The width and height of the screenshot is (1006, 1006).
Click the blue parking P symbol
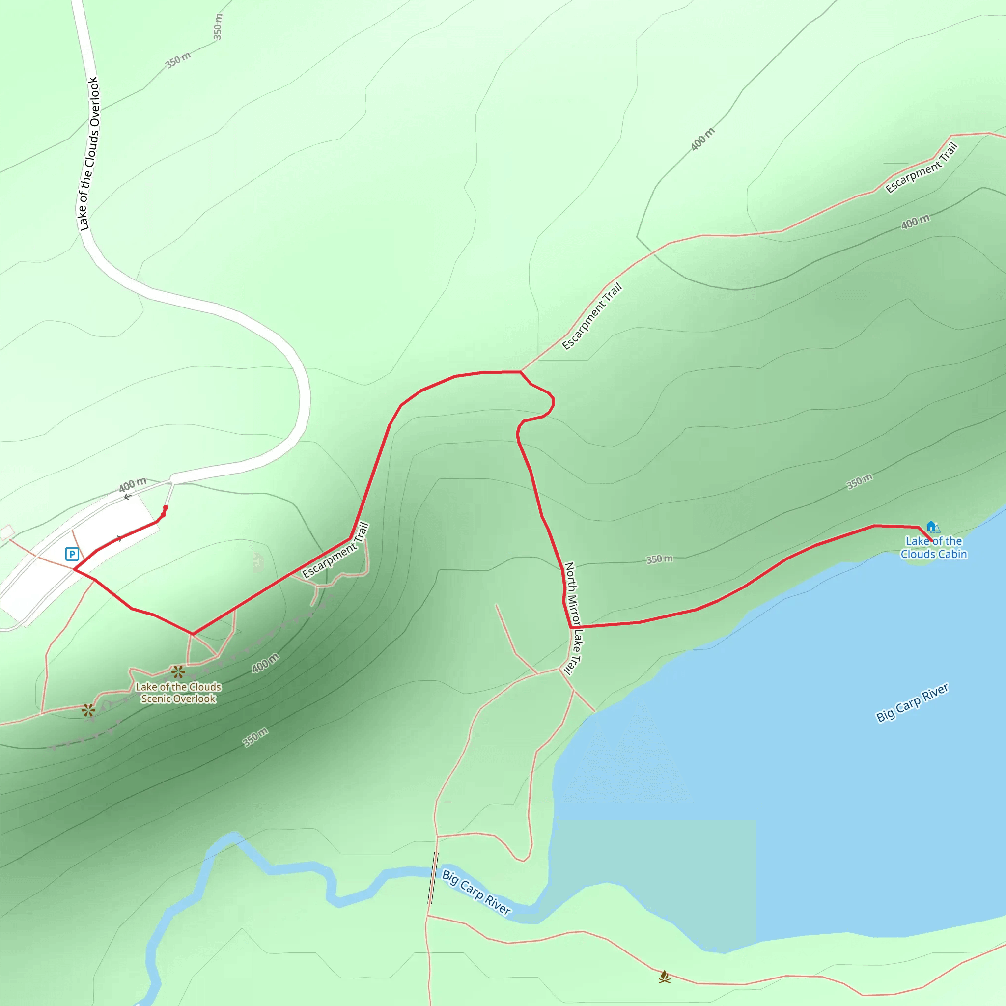pyautogui.click(x=72, y=554)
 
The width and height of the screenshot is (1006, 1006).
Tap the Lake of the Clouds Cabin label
pyautogui.click(x=934, y=548)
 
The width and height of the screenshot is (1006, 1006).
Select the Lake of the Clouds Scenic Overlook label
pyautogui.click(x=178, y=693)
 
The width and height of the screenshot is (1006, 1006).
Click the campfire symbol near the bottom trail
pyautogui.click(x=665, y=977)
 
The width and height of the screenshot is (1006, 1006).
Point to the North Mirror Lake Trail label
pyautogui.click(x=573, y=618)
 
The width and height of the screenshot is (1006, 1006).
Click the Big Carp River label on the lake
pyautogui.click(x=912, y=703)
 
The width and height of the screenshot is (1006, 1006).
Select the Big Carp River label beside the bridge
pyautogui.click(x=476, y=892)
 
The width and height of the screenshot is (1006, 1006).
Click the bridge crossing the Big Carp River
pyautogui.click(x=433, y=878)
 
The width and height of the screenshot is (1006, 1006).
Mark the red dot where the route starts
pyautogui.click(x=166, y=508)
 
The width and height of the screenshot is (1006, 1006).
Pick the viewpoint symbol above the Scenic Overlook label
pyautogui.click(x=178, y=671)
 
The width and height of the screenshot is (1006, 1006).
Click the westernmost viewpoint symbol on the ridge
pyautogui.click(x=88, y=710)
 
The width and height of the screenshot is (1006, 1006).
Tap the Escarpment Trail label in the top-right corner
pyautogui.click(x=922, y=168)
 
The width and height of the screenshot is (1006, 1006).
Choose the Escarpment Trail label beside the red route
pyautogui.click(x=336, y=551)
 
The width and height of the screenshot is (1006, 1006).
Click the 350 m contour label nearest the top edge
pyautogui.click(x=218, y=26)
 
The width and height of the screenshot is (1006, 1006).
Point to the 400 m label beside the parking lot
pyautogui.click(x=132, y=484)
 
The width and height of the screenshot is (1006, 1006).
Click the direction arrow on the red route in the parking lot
pyautogui.click(x=120, y=538)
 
